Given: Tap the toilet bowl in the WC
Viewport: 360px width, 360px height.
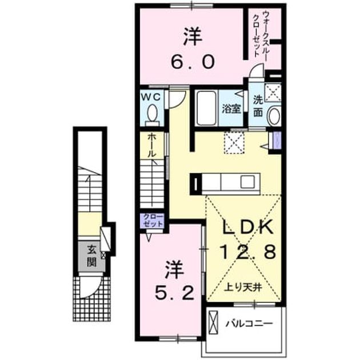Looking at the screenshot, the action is [x=152, y=113].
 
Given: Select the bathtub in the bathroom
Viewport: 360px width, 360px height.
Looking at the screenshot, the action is [x=206, y=109].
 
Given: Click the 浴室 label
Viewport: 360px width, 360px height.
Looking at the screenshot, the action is [x=231, y=109].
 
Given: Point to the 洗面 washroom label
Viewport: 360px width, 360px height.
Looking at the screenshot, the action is [x=258, y=106].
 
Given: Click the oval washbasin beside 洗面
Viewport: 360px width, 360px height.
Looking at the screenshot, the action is [x=274, y=117].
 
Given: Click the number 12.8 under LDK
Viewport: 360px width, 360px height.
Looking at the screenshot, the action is [x=248, y=251].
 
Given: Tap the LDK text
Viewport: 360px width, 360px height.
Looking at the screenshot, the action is [x=249, y=227].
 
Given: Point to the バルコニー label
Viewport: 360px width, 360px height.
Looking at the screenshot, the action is [x=249, y=324].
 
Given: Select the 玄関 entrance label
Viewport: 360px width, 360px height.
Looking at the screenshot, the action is [x=91, y=256].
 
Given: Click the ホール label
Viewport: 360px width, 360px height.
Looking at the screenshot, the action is [x=151, y=146].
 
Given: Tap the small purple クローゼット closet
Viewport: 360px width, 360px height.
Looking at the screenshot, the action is [x=153, y=221].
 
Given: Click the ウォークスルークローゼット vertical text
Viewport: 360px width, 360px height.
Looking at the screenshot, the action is [x=259, y=33].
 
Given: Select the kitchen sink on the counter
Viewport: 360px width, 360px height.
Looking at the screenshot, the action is [x=247, y=182].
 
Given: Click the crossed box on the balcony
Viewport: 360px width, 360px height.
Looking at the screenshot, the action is [x=213, y=323].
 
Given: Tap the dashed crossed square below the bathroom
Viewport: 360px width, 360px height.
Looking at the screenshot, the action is [x=234, y=143].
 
